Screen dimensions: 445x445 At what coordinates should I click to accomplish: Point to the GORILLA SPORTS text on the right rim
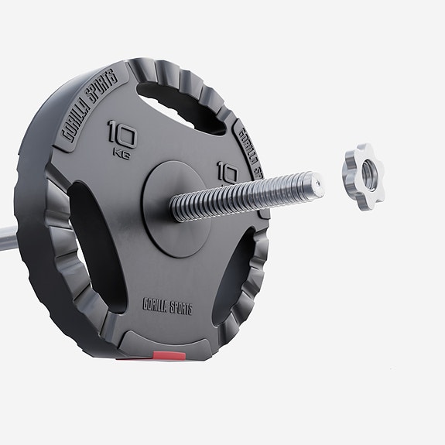[x=249, y=151]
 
